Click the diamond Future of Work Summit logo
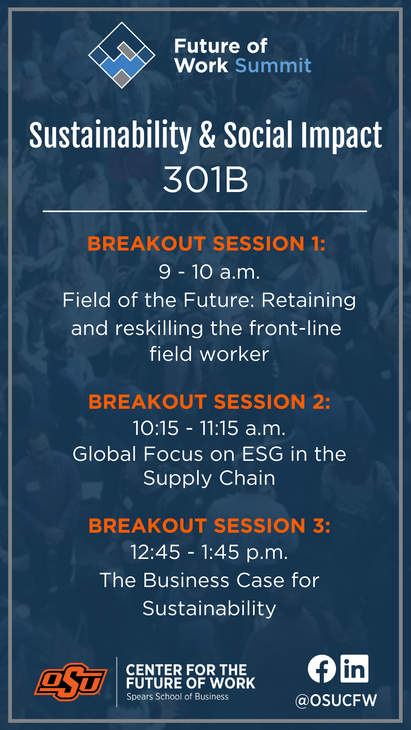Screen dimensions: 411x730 tap(122, 55)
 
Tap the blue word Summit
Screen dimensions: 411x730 tap(273, 65)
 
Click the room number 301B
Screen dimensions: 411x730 tap(205, 179)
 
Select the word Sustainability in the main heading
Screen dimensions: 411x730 tap(110, 135)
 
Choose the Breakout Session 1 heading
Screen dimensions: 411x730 tap(206, 243)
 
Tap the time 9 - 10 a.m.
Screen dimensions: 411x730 tap(209, 272)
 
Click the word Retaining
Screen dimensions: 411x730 tap(309, 300)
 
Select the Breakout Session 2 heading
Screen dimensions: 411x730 tap(209, 402)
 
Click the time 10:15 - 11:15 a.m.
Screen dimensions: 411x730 tap(209, 428)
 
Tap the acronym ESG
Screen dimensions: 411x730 tap(263, 454)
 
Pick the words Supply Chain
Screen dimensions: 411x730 tap(209, 478)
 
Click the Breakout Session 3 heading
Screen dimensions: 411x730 tap(209, 526)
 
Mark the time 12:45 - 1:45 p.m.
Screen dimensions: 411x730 tap(209, 552)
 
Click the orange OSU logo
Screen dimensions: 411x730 tap(71, 682)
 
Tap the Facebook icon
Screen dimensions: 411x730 tap(322, 669)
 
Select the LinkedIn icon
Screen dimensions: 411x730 tap(354, 668)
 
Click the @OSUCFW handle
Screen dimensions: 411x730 tap(336, 700)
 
